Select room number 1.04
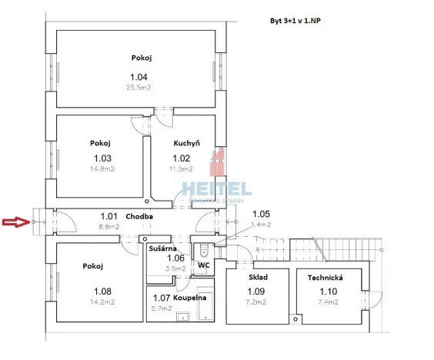pyautogui.click(x=139, y=77)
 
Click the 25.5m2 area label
pyautogui.click(x=139, y=88)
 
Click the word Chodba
pyautogui.click(x=139, y=216)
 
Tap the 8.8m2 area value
pyautogui.click(x=108, y=227)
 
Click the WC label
pyautogui.click(x=204, y=265)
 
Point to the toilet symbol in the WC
pyautogui.click(x=204, y=250)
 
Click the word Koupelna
pyautogui.click(x=189, y=298)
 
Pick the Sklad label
pyautogui.click(x=258, y=277)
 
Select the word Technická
pyautogui.click(x=324, y=277)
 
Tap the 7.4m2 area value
pyautogui.click(x=324, y=303)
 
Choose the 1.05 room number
pyautogui.click(x=262, y=214)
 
